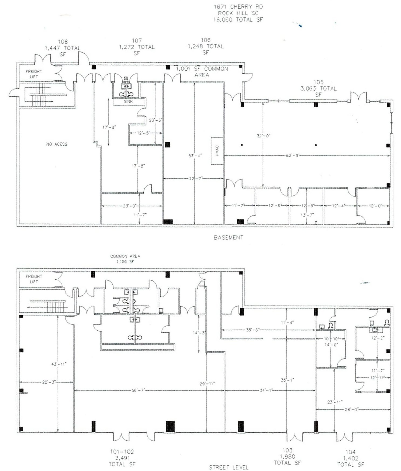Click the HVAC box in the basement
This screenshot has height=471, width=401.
pyautogui.click(x=217, y=151)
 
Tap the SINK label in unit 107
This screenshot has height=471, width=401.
pyautogui.click(x=128, y=102)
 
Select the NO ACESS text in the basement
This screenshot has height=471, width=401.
pyautogui.click(x=57, y=144)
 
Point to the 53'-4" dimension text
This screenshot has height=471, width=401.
pyautogui.click(x=195, y=155)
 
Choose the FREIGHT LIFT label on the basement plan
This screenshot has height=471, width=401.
pyautogui.click(x=34, y=74)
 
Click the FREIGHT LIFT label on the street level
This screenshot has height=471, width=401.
pyautogui.click(x=34, y=279)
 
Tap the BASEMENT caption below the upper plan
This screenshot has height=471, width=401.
pyautogui.click(x=229, y=237)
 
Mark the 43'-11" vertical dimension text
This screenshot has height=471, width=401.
pyautogui.click(x=59, y=364)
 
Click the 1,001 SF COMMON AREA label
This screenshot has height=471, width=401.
pyautogui.click(x=202, y=72)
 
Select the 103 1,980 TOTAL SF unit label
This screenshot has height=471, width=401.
pyautogui.click(x=287, y=456)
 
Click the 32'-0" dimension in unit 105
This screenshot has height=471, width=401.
pyautogui.click(x=263, y=136)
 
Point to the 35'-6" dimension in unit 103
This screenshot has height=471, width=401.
pyautogui.click(x=253, y=330)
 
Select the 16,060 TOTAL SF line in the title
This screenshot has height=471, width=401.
pyautogui.click(x=238, y=20)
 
